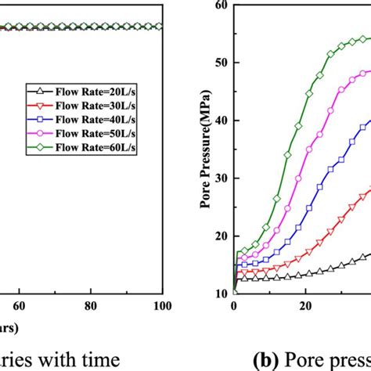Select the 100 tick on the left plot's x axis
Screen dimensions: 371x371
coord(162,306)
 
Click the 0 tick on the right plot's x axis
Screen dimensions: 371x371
coord(234,306)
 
